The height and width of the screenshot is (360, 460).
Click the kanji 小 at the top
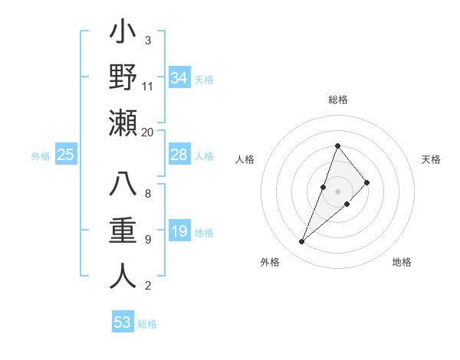pyautogui.click(x=123, y=34)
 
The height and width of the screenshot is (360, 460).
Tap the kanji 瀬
pyautogui.click(x=123, y=123)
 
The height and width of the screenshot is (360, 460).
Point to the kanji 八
pyautogui.click(x=123, y=186)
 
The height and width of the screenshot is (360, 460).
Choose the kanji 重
pyautogui.click(x=123, y=231)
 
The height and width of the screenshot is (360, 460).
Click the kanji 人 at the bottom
pyautogui.click(x=123, y=276)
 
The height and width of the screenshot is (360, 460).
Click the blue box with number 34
pyautogui.click(x=179, y=77)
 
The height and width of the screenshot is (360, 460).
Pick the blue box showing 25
pyautogui.click(x=66, y=155)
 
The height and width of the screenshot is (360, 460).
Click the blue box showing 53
pyautogui.click(x=123, y=322)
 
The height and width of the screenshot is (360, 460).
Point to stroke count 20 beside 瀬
pyautogui.click(x=147, y=132)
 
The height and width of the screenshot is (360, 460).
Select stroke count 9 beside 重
pyautogui.click(x=147, y=240)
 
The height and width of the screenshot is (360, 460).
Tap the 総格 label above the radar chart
pyautogui.click(x=337, y=100)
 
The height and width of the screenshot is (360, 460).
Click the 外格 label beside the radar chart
pyautogui.click(x=270, y=262)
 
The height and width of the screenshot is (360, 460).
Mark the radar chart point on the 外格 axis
pyautogui.click(x=302, y=242)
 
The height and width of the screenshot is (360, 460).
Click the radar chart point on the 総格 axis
pyautogui.click(x=337, y=146)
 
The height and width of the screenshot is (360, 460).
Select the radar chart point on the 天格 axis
pyautogui.click(x=367, y=182)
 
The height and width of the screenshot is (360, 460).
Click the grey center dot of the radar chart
pyautogui.click(x=337, y=191)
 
